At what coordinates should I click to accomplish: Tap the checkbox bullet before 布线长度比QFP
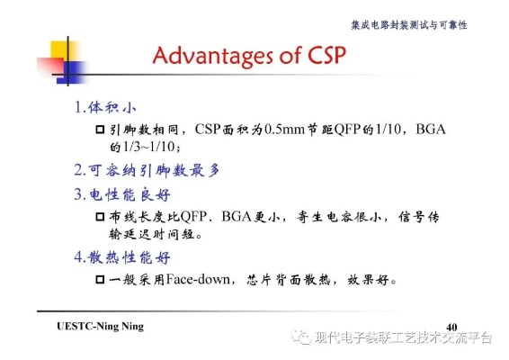coord(101,218)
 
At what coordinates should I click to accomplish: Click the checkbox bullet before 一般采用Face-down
coord(101,280)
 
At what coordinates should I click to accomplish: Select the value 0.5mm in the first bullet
coord(281,130)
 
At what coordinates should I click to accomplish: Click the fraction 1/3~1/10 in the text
coord(145,147)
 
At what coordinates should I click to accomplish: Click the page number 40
coord(451,325)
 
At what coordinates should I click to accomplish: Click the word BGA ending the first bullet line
coord(431,130)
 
